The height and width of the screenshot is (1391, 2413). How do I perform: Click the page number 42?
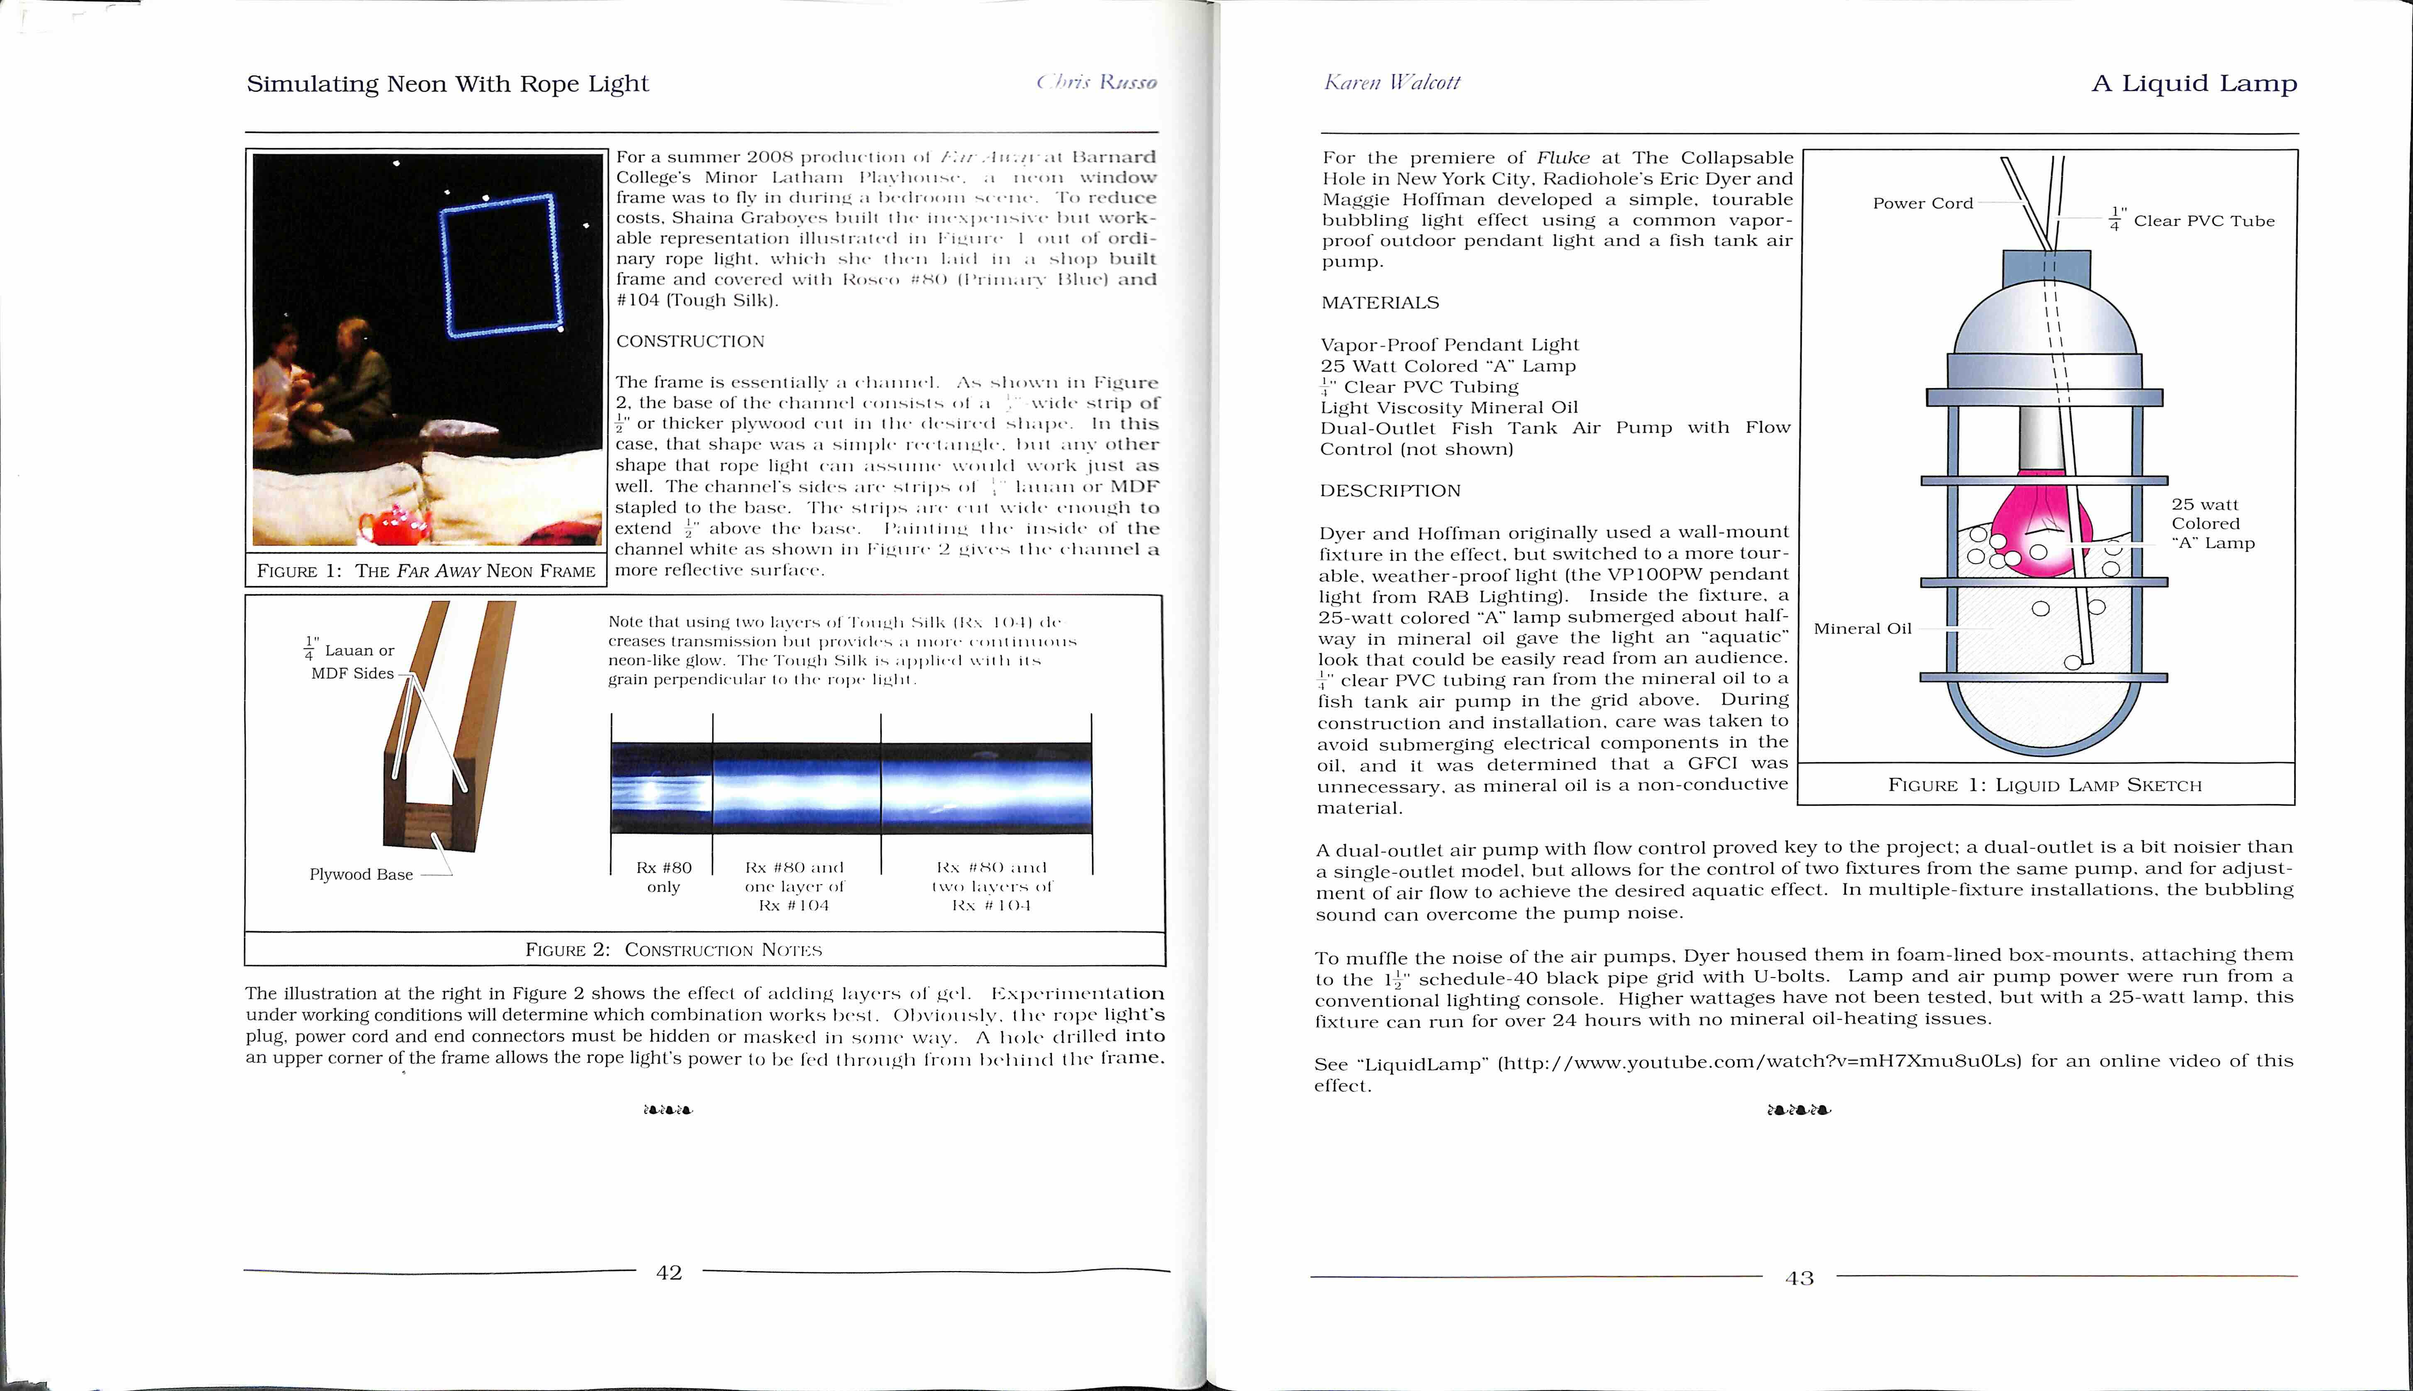(x=669, y=1273)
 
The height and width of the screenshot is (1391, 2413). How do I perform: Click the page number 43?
(x=1799, y=1278)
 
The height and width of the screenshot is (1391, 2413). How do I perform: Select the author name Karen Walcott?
(x=1391, y=83)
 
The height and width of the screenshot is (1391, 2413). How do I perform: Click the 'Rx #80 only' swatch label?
(x=664, y=877)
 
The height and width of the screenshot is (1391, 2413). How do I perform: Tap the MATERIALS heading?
(x=1380, y=303)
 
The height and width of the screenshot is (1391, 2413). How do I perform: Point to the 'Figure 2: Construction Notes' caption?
(x=673, y=950)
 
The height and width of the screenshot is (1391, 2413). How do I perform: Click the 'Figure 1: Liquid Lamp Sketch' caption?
(x=2045, y=785)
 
